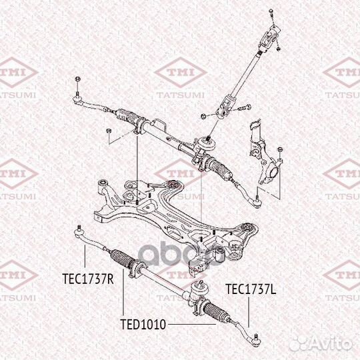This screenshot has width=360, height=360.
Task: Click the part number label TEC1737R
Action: pyautogui.click(x=88, y=279)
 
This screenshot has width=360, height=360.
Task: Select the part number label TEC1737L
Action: pyautogui.click(x=251, y=289)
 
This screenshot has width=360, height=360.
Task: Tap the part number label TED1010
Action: pyautogui.click(x=143, y=325)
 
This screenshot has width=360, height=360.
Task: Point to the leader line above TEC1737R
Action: pyautogui.click(x=85, y=256)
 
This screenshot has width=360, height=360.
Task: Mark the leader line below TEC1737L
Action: pyautogui.click(x=249, y=312)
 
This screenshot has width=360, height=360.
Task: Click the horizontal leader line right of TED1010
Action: pyautogui.click(x=192, y=325)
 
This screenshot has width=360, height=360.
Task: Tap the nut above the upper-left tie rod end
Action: pyautogui.click(x=77, y=79)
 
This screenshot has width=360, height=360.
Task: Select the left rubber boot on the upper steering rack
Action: pyautogui.click(x=127, y=116)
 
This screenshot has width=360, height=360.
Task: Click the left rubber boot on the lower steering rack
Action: pyautogui.click(x=121, y=259)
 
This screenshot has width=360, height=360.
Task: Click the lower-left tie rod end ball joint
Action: pyautogui.click(x=79, y=232)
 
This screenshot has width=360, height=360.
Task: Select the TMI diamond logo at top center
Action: pyautogui.click(x=181, y=72)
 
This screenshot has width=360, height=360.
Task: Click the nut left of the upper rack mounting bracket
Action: pyautogui.click(x=109, y=131)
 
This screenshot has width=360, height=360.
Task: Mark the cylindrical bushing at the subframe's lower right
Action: pyautogui.click(x=220, y=255)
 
